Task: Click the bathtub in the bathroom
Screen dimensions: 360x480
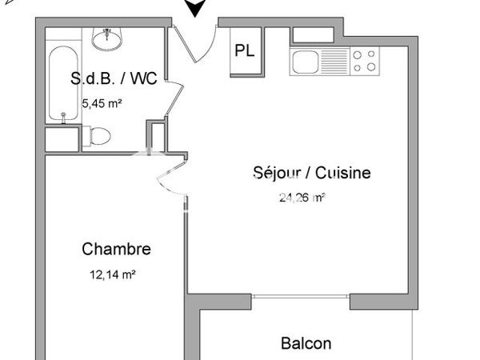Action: coord(62,85)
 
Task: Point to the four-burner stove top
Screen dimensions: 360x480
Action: coord(364,61)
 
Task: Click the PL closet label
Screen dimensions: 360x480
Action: coord(245,50)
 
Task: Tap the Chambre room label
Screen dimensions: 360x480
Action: coord(116,249)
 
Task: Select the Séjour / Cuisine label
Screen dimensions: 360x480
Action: coord(311,173)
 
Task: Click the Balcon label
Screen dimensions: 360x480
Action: coord(306,343)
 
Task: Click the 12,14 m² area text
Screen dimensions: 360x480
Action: coord(112,274)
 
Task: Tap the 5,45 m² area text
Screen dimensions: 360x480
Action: coord(102,102)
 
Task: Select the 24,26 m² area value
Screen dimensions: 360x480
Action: coord(301,198)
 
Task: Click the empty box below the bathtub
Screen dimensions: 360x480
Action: coord(61,138)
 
